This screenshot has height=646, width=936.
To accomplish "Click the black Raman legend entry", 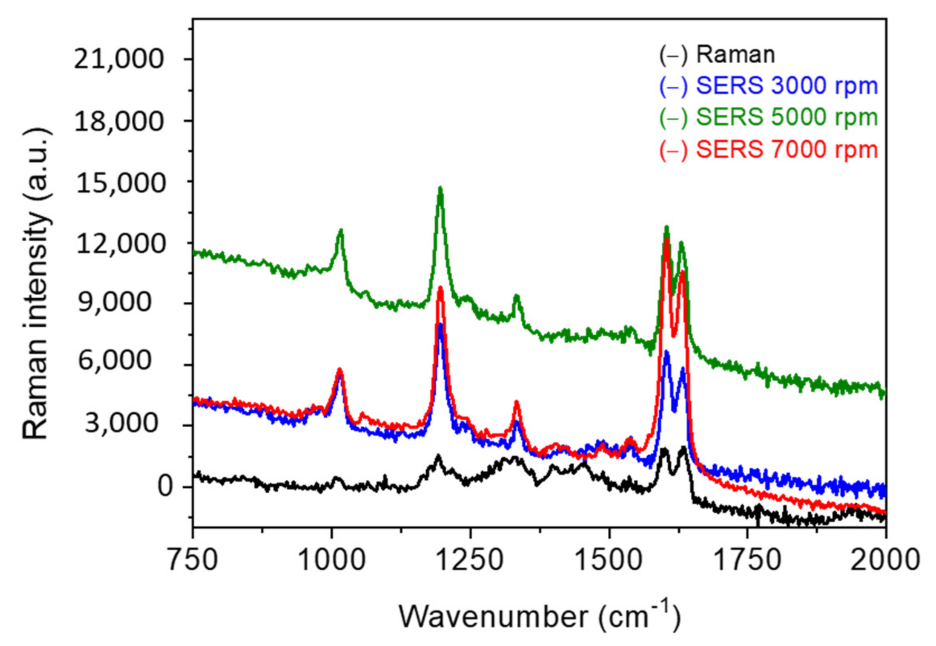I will point(716,55).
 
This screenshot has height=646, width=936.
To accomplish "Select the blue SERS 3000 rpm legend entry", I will point(768,86).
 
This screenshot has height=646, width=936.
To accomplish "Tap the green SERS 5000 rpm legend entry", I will point(768,118).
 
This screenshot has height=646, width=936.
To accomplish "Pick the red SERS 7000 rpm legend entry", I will point(768,150).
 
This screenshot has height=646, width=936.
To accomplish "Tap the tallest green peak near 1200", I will point(440,189).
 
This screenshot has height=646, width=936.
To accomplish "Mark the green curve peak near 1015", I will point(341,231).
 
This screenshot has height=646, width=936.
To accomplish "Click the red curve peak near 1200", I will point(441,288).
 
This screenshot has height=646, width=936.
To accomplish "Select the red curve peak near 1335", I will point(516,402).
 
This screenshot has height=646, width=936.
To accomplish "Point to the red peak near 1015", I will point(340,370).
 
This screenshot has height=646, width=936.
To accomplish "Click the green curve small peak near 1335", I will point(516,297).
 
